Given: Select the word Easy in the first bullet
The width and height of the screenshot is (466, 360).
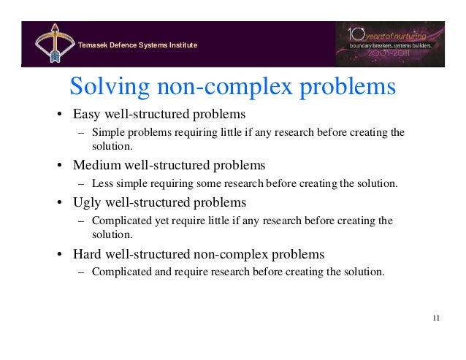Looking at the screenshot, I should (x=88, y=115).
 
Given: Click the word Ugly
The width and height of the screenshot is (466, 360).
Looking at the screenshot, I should (x=88, y=202).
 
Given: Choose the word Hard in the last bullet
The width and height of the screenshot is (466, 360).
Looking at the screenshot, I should (x=88, y=254).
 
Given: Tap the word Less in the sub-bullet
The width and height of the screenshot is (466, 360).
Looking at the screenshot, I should (x=103, y=183).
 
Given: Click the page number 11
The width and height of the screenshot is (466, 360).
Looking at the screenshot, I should (x=436, y=318).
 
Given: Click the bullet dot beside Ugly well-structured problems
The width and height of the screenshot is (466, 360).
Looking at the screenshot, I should (x=59, y=203).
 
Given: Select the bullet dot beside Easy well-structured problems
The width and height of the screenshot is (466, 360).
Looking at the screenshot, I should (x=59, y=116).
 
